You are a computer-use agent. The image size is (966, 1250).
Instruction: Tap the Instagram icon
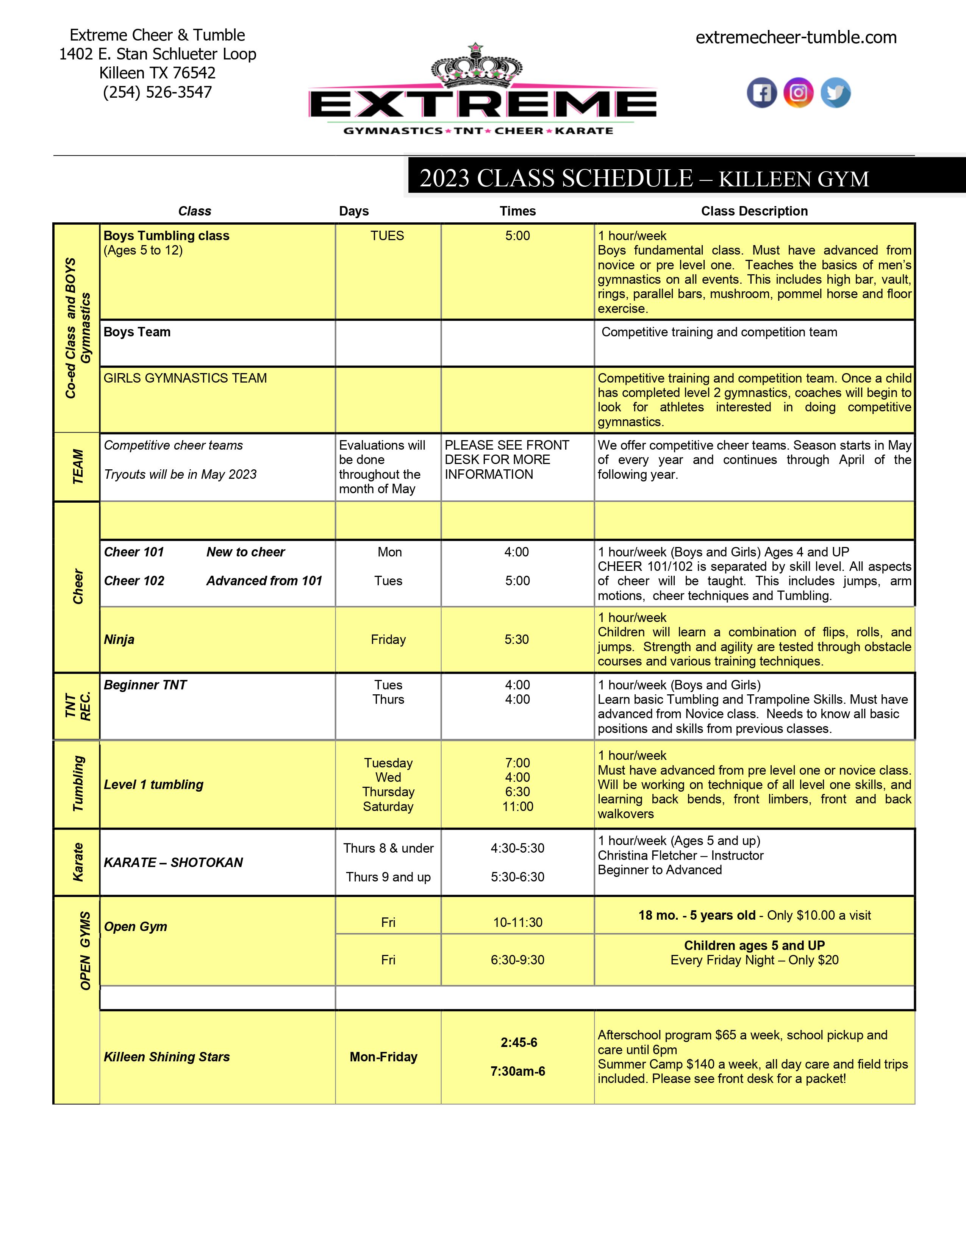click(798, 93)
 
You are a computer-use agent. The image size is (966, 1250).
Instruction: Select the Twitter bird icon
click(836, 93)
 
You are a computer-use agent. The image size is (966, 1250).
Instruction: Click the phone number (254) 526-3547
click(157, 92)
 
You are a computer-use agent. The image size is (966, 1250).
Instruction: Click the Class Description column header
click(754, 211)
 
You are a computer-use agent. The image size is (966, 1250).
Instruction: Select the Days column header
click(354, 211)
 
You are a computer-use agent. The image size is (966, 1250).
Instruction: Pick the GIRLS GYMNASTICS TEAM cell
click(185, 378)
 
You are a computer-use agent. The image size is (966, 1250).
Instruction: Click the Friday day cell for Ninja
click(388, 639)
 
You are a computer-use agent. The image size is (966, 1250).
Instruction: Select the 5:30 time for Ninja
click(516, 639)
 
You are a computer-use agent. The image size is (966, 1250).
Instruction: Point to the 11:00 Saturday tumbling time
click(517, 806)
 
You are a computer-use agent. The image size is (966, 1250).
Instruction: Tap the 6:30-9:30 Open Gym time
click(517, 960)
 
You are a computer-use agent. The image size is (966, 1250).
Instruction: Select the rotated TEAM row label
click(77, 466)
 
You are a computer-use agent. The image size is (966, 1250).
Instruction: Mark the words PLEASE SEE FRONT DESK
click(506, 452)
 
